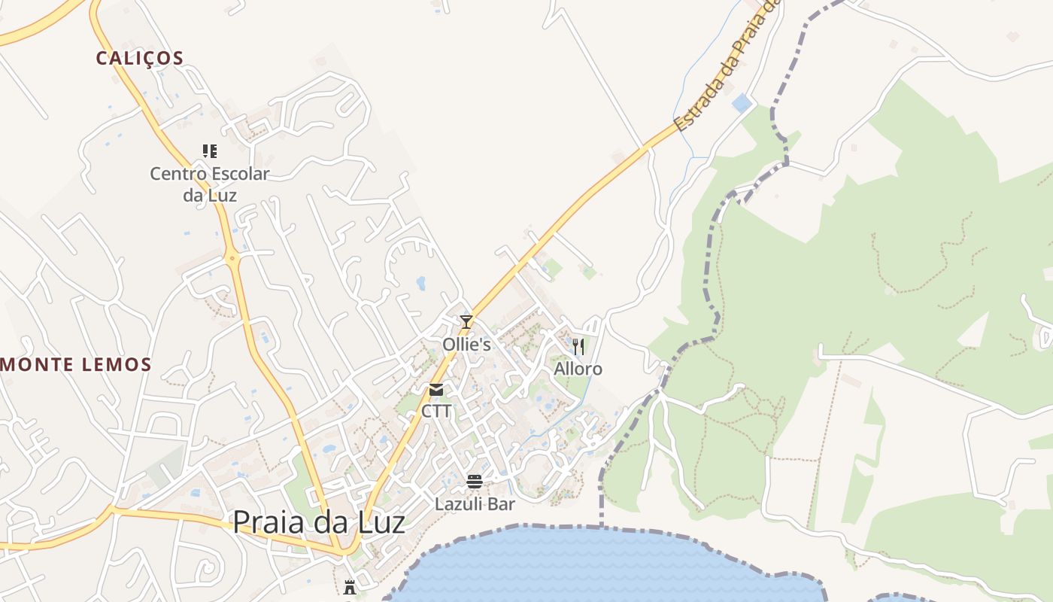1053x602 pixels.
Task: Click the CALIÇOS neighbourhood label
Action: click(140, 59)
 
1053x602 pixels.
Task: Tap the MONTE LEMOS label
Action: click(76, 365)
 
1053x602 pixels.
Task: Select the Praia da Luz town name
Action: click(319, 522)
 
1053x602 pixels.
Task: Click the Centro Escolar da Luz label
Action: click(209, 184)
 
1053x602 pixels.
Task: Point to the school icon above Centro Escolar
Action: click(210, 151)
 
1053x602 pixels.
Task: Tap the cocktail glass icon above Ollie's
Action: click(466, 322)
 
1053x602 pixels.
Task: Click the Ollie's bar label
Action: click(466, 345)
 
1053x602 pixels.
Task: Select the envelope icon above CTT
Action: click(436, 390)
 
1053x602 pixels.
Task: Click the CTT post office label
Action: click(436, 412)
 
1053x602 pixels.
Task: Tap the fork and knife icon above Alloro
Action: click(578, 346)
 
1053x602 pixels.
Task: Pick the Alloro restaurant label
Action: click(578, 369)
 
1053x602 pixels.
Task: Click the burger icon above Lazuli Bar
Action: click(475, 481)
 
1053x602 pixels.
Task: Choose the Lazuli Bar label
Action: click(475, 503)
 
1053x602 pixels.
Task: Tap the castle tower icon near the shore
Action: click(350, 586)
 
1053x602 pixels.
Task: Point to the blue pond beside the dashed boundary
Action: click(742, 103)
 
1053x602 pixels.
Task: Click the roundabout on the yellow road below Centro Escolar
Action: click(232, 259)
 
